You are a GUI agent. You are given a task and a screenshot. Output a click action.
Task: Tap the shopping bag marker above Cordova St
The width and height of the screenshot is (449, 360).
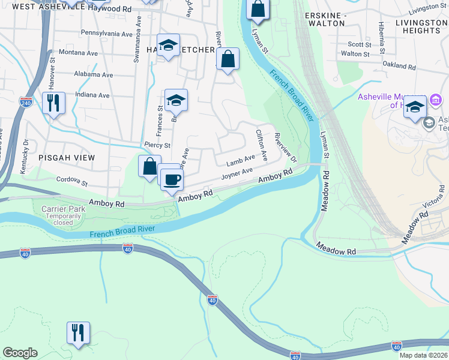tap(149, 167)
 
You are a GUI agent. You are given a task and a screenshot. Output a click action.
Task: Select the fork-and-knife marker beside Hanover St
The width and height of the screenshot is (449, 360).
tap(53, 103)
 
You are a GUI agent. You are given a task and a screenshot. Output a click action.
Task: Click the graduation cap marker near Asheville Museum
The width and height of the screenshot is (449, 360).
tap(415, 107)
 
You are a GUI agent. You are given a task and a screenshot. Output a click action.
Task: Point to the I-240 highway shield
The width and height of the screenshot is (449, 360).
tap(25, 102)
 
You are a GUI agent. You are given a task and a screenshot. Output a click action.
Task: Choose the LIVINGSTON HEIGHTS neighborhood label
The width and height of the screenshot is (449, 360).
tap(413, 26)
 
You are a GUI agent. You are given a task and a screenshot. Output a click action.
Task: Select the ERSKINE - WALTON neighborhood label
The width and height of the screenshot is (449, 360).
tap(325, 19)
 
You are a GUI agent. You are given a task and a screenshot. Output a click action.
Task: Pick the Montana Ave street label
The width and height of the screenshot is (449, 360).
tap(78, 53)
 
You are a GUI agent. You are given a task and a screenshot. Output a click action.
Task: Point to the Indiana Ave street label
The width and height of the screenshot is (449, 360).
tap(92, 95)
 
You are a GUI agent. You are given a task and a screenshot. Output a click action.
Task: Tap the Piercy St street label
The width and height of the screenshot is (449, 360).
tap(158, 145)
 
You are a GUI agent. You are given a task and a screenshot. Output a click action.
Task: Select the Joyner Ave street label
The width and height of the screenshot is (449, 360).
tap(237, 175)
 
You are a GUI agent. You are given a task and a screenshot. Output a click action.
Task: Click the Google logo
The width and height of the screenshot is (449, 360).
tap(20, 353)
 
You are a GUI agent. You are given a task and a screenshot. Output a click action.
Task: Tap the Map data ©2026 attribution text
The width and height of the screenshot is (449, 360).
tap(423, 355)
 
